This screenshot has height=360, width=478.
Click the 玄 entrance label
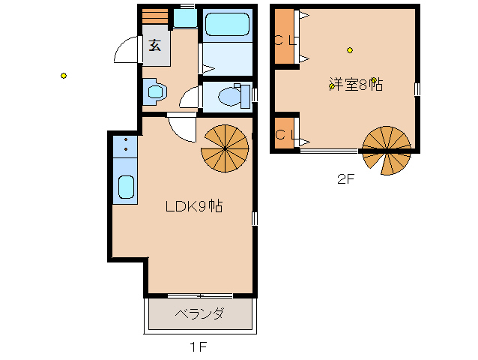[x=155, y=45]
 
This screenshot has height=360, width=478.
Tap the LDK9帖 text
[x=194, y=206]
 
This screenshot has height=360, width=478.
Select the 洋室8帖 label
[x=356, y=84]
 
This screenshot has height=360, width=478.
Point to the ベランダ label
[x=200, y=313]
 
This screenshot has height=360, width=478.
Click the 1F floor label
[x=199, y=347]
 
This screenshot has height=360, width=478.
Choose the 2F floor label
[x=345, y=178]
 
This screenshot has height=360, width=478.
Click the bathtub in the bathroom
[x=227, y=24]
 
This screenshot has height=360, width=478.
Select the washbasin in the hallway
[x=156, y=91]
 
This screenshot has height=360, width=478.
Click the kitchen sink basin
[x=126, y=187]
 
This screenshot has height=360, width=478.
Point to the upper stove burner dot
[x=126, y=139]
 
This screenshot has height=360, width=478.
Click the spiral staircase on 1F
[x=225, y=148]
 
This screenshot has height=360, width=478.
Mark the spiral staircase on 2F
[x=387, y=151]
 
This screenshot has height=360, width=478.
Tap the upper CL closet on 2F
[x=284, y=37]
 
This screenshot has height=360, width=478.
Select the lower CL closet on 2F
[x=284, y=133]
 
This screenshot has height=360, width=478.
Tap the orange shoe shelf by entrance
[x=155, y=16]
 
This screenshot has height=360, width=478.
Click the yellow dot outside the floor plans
[x=64, y=76]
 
